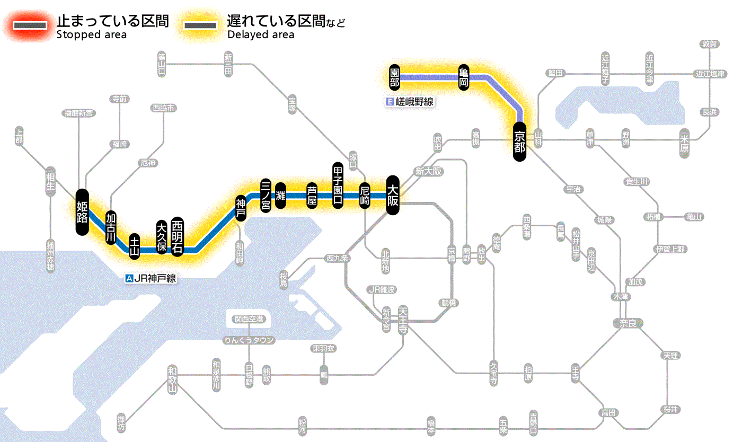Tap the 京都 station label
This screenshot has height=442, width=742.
tap(519, 142)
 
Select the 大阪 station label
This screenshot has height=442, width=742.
tap(393, 195)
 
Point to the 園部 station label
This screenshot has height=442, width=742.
tap(394, 77)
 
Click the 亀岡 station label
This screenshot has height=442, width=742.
tap(464, 77)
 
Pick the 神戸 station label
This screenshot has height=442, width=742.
tap(241, 208)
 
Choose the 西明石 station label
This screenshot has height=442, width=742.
tap(178, 236)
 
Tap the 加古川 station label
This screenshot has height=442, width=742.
tap(111, 227)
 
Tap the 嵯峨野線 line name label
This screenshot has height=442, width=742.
tap(410, 102)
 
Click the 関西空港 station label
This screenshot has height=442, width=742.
tap(249, 319)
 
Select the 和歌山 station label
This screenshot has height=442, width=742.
tap(172, 379)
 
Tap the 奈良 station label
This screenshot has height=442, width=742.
tap(627, 322)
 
